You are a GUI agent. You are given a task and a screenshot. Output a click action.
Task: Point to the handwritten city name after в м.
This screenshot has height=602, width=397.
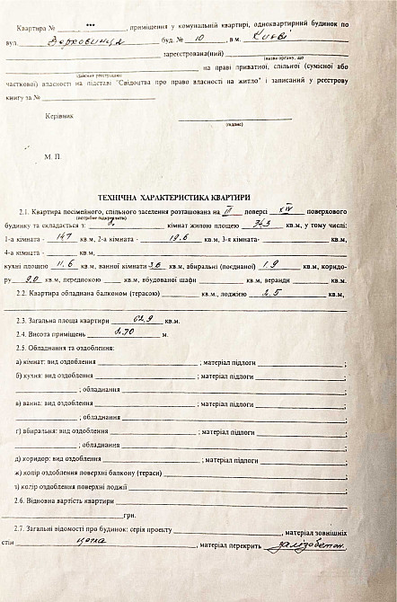(269, 40)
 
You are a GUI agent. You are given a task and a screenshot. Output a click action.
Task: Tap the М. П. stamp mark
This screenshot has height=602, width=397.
(50, 156)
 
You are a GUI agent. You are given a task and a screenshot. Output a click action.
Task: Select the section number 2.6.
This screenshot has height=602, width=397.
(25, 500)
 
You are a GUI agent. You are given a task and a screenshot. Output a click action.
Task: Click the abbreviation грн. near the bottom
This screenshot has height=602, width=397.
(130, 516)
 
